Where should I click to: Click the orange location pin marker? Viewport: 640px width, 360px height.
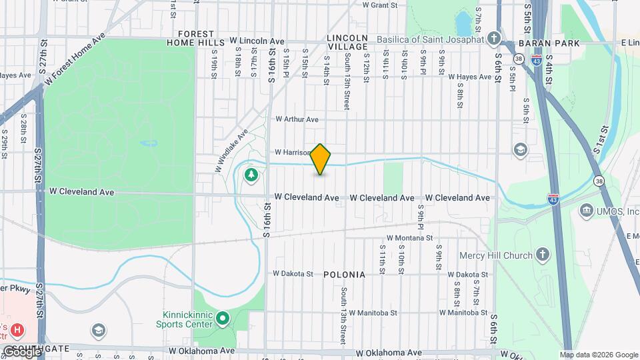point(321,159)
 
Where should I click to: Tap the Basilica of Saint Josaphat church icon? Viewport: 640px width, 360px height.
point(494,37)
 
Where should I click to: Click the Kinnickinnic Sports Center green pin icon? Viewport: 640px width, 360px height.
point(222,319)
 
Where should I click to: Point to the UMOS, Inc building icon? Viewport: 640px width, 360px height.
point(587,211)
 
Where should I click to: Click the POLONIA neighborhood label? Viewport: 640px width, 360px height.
point(344,275)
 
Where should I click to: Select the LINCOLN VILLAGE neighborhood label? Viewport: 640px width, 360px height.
point(347,41)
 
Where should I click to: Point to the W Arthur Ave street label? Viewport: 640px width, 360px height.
point(297,119)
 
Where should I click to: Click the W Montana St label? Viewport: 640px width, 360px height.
point(410,237)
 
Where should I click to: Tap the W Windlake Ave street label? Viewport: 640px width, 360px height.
point(231,151)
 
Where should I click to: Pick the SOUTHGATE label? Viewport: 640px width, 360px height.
point(45,348)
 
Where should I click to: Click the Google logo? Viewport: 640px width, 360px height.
point(22,351)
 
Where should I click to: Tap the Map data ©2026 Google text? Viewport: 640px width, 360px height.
point(599,355)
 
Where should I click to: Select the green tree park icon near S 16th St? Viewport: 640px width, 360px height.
point(251,175)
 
